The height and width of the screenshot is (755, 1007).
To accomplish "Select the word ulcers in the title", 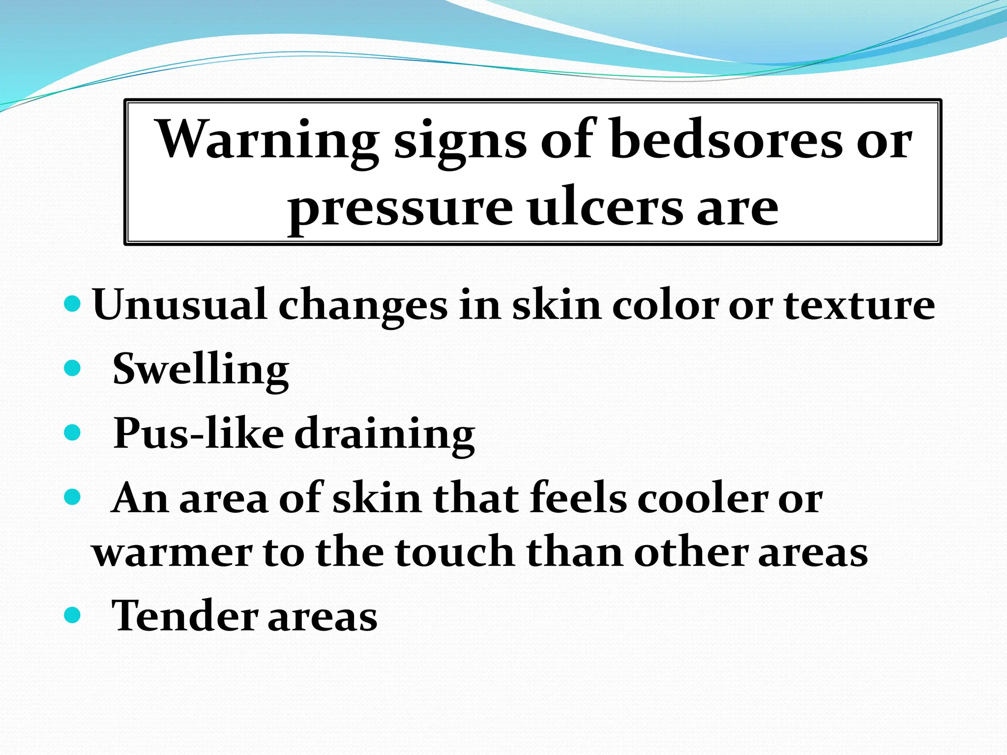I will [x=605, y=208].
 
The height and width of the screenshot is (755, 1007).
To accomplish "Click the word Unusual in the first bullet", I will [x=179, y=305].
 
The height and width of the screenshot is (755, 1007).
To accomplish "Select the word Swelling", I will [x=201, y=370].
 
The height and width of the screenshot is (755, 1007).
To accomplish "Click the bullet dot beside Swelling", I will [x=72, y=368].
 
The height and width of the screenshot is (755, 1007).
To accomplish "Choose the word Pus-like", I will [x=199, y=434].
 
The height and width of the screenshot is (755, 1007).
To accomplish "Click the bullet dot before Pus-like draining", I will [x=72, y=433].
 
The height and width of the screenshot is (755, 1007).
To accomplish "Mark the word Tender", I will [x=185, y=615].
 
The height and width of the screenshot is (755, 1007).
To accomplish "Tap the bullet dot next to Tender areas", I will [x=72, y=614].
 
